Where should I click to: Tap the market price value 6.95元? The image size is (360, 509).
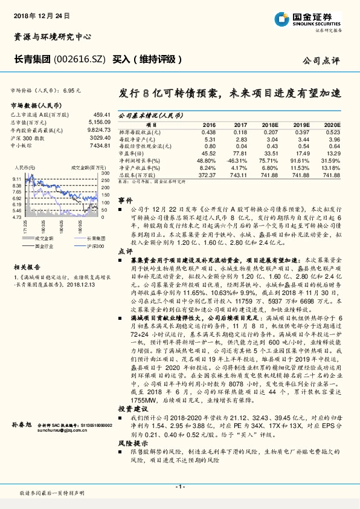click(71, 89)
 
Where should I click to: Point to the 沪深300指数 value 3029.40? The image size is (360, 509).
click(99, 137)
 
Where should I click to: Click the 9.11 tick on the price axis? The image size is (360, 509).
click(16, 180)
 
